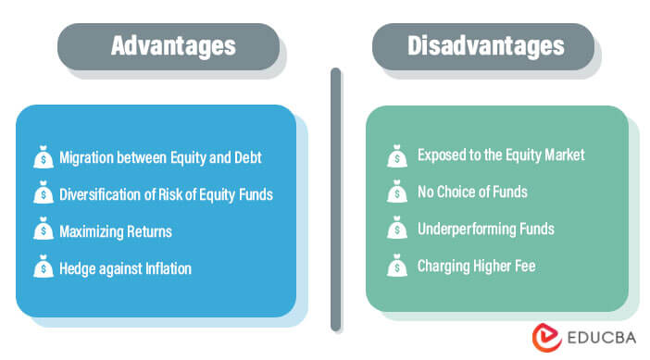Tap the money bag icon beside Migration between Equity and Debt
(42, 158)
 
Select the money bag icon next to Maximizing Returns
(42, 231)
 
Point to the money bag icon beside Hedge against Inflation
(42, 268)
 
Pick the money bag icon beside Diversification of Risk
(42, 194)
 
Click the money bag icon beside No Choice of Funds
(396, 192)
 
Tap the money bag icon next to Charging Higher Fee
(396, 267)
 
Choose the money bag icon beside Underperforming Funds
(396, 230)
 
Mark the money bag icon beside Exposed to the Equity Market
(396, 155)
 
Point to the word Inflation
(167, 268)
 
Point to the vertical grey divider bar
(335, 199)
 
